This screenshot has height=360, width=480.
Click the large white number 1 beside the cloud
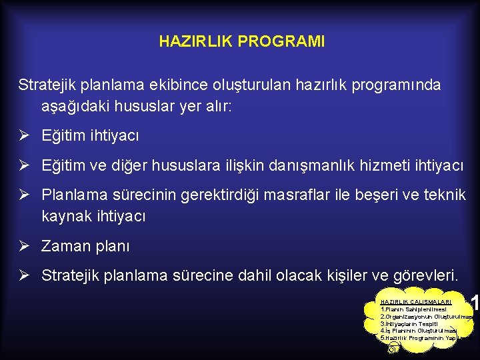click(x=474, y=304)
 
